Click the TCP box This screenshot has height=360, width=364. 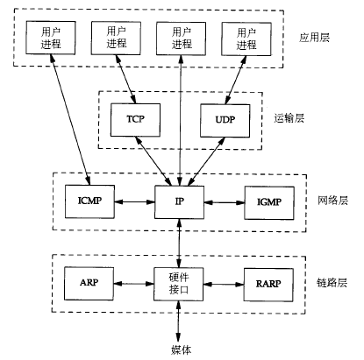click(135, 120)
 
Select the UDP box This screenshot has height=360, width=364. click(225, 121)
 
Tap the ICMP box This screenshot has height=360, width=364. click(89, 201)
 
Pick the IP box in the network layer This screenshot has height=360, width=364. click(179, 202)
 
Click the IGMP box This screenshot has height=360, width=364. click(269, 203)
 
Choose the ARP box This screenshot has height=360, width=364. click(89, 283)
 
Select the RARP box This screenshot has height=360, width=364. click(268, 285)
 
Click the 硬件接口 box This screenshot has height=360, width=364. click(179, 284)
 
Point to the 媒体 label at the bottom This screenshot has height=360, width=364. click(181, 349)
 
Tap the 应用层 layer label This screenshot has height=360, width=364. click(314, 38)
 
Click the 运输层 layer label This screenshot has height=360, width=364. click(289, 118)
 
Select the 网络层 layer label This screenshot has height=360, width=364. click(332, 201)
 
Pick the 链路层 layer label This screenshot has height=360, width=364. click(332, 283)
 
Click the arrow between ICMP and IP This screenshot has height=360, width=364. click(134, 201)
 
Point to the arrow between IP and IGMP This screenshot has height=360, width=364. click(225, 202)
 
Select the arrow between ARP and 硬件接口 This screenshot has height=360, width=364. click(134, 284)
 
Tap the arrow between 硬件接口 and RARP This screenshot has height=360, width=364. click(224, 285)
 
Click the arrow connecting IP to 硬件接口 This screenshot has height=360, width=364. click(179, 244)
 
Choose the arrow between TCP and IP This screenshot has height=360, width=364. click(153, 161)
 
